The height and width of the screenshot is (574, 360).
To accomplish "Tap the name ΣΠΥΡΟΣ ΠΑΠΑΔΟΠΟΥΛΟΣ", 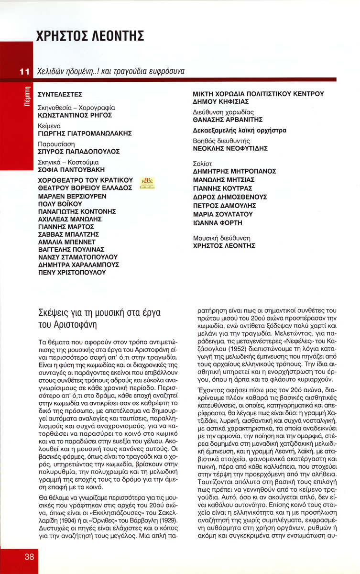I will (x=78, y=152).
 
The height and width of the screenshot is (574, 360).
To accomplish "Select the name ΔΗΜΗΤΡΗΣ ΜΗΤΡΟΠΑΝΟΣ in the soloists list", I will (x=234, y=171).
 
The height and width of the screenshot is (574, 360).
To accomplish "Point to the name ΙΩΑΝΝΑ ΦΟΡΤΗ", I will (x=218, y=223).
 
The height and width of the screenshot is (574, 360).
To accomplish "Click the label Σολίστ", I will (x=203, y=163).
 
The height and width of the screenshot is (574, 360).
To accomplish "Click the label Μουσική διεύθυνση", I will (x=221, y=238).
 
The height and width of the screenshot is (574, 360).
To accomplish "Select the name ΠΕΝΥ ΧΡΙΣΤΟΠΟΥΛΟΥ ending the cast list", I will (x=72, y=272).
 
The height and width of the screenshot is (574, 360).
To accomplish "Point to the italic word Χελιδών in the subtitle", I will (x=51, y=71).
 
